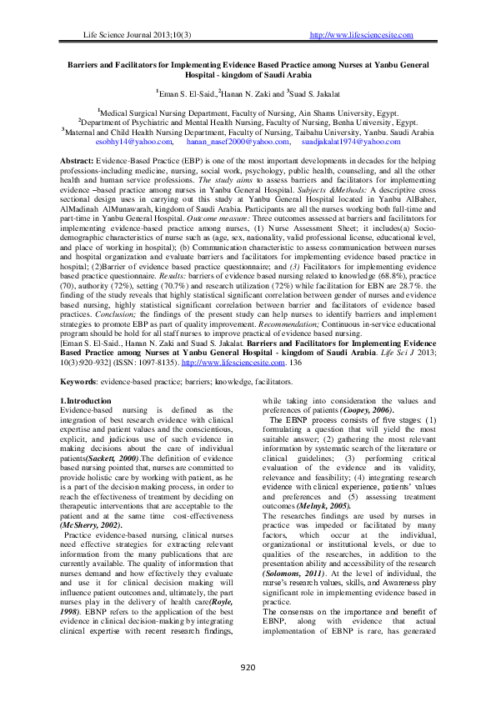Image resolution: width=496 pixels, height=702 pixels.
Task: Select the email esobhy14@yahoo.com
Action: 121,143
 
